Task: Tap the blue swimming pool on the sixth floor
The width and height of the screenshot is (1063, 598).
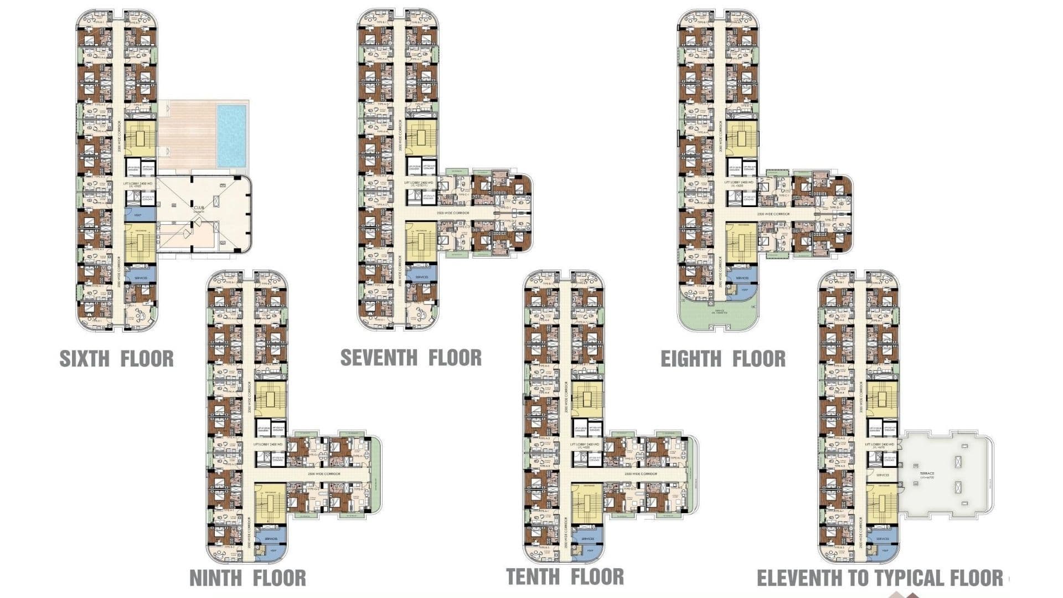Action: tap(231, 136)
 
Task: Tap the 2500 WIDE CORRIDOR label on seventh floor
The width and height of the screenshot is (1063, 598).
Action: tap(453, 213)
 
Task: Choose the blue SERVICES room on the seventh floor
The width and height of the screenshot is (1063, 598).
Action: tap(421, 277)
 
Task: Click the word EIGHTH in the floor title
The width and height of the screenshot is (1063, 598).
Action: tap(691, 359)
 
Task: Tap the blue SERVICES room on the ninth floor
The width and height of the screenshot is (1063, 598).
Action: tap(271, 539)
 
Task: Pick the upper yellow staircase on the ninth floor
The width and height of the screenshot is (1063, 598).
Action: tap(270, 399)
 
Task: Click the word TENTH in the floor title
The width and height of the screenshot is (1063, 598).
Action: tap(533, 577)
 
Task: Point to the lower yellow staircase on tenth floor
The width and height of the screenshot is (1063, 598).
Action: tap(587, 504)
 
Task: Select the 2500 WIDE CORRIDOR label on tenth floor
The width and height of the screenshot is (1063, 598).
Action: tap(641, 474)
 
